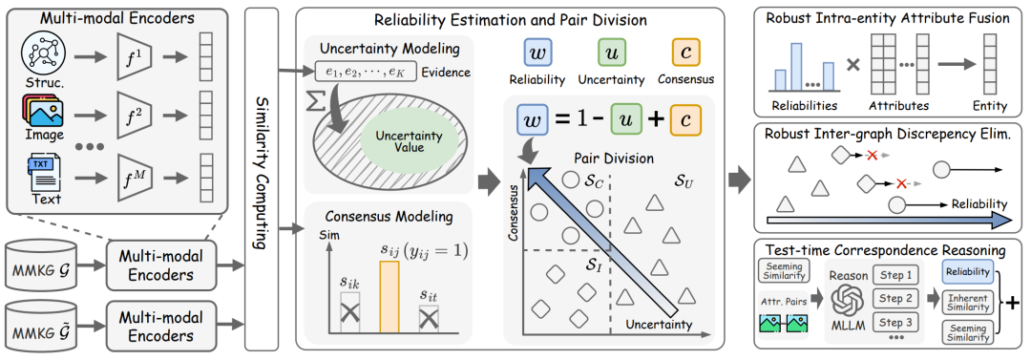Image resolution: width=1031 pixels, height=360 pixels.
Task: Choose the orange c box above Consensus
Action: click(x=685, y=53)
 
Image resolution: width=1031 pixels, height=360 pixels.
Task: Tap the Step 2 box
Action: click(x=894, y=299)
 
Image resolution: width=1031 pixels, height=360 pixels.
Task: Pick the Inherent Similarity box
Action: click(x=966, y=301)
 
